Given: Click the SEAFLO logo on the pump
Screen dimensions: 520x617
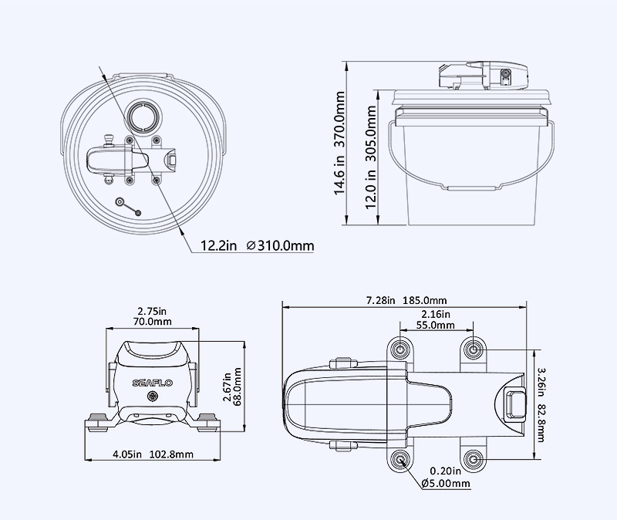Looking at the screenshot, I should [151, 381].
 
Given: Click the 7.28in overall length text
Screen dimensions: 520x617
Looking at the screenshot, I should [382, 300].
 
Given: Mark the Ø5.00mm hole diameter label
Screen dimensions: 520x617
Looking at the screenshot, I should [446, 483].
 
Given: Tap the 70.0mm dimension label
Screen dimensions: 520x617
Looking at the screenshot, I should [151, 321].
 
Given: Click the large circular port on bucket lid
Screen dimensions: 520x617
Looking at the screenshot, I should [143, 116].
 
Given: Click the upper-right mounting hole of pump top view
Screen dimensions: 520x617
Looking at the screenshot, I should [474, 349].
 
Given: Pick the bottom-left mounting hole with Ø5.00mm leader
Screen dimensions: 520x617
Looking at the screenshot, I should [400, 460].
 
